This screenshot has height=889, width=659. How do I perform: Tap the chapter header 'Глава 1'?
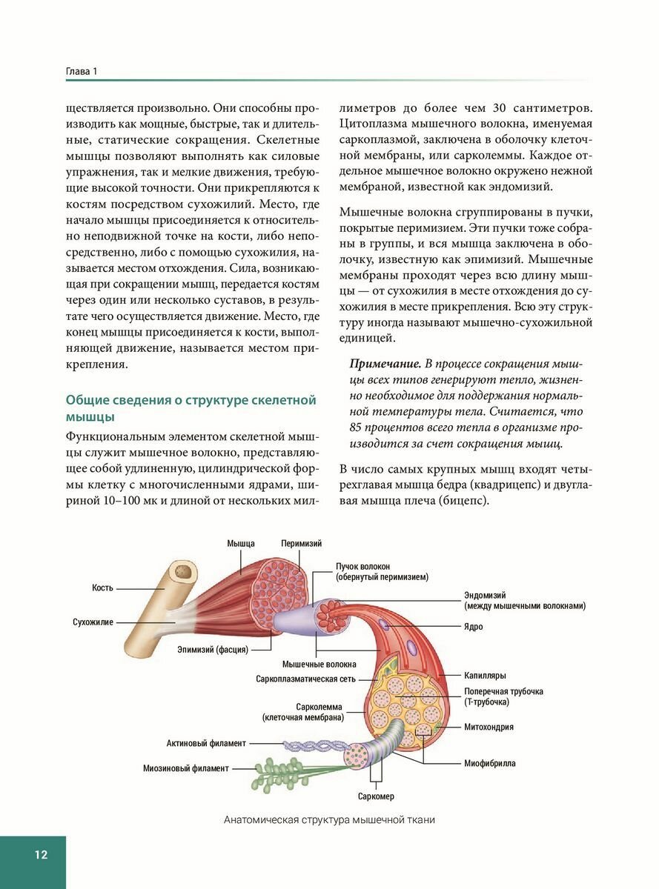coord(82,71)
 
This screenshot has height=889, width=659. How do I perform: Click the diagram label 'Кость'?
coord(102,587)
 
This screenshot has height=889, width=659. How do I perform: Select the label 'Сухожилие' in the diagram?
coord(93,622)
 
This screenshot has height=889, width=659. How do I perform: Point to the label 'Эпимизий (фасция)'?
coord(212,650)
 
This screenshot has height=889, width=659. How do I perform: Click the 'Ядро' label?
coord(474,627)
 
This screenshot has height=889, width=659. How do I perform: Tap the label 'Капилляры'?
coord(485,676)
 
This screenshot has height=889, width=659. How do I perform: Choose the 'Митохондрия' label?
coord(489,727)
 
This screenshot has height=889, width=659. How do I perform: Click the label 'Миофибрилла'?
coord(489,762)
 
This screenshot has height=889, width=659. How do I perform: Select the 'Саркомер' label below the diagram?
coord(376,796)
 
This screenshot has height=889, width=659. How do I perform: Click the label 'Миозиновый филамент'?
coord(186,768)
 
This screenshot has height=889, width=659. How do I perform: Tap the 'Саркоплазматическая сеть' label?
coord(306,679)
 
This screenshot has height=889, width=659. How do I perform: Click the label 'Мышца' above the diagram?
coord(241,543)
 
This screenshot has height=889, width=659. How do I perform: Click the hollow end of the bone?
coord(182,572)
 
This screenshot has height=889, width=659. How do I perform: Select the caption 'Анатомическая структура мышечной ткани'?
coord(329,820)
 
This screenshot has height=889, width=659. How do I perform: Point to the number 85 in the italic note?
coord(357,428)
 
